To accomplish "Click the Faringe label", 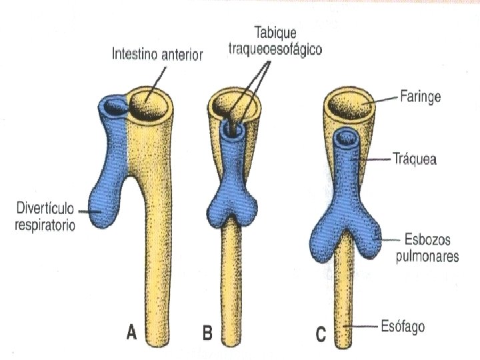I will point(420,97).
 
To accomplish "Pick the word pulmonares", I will point(431,255).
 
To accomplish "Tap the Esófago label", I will point(405,327).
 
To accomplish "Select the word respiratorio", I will point(45,225).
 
